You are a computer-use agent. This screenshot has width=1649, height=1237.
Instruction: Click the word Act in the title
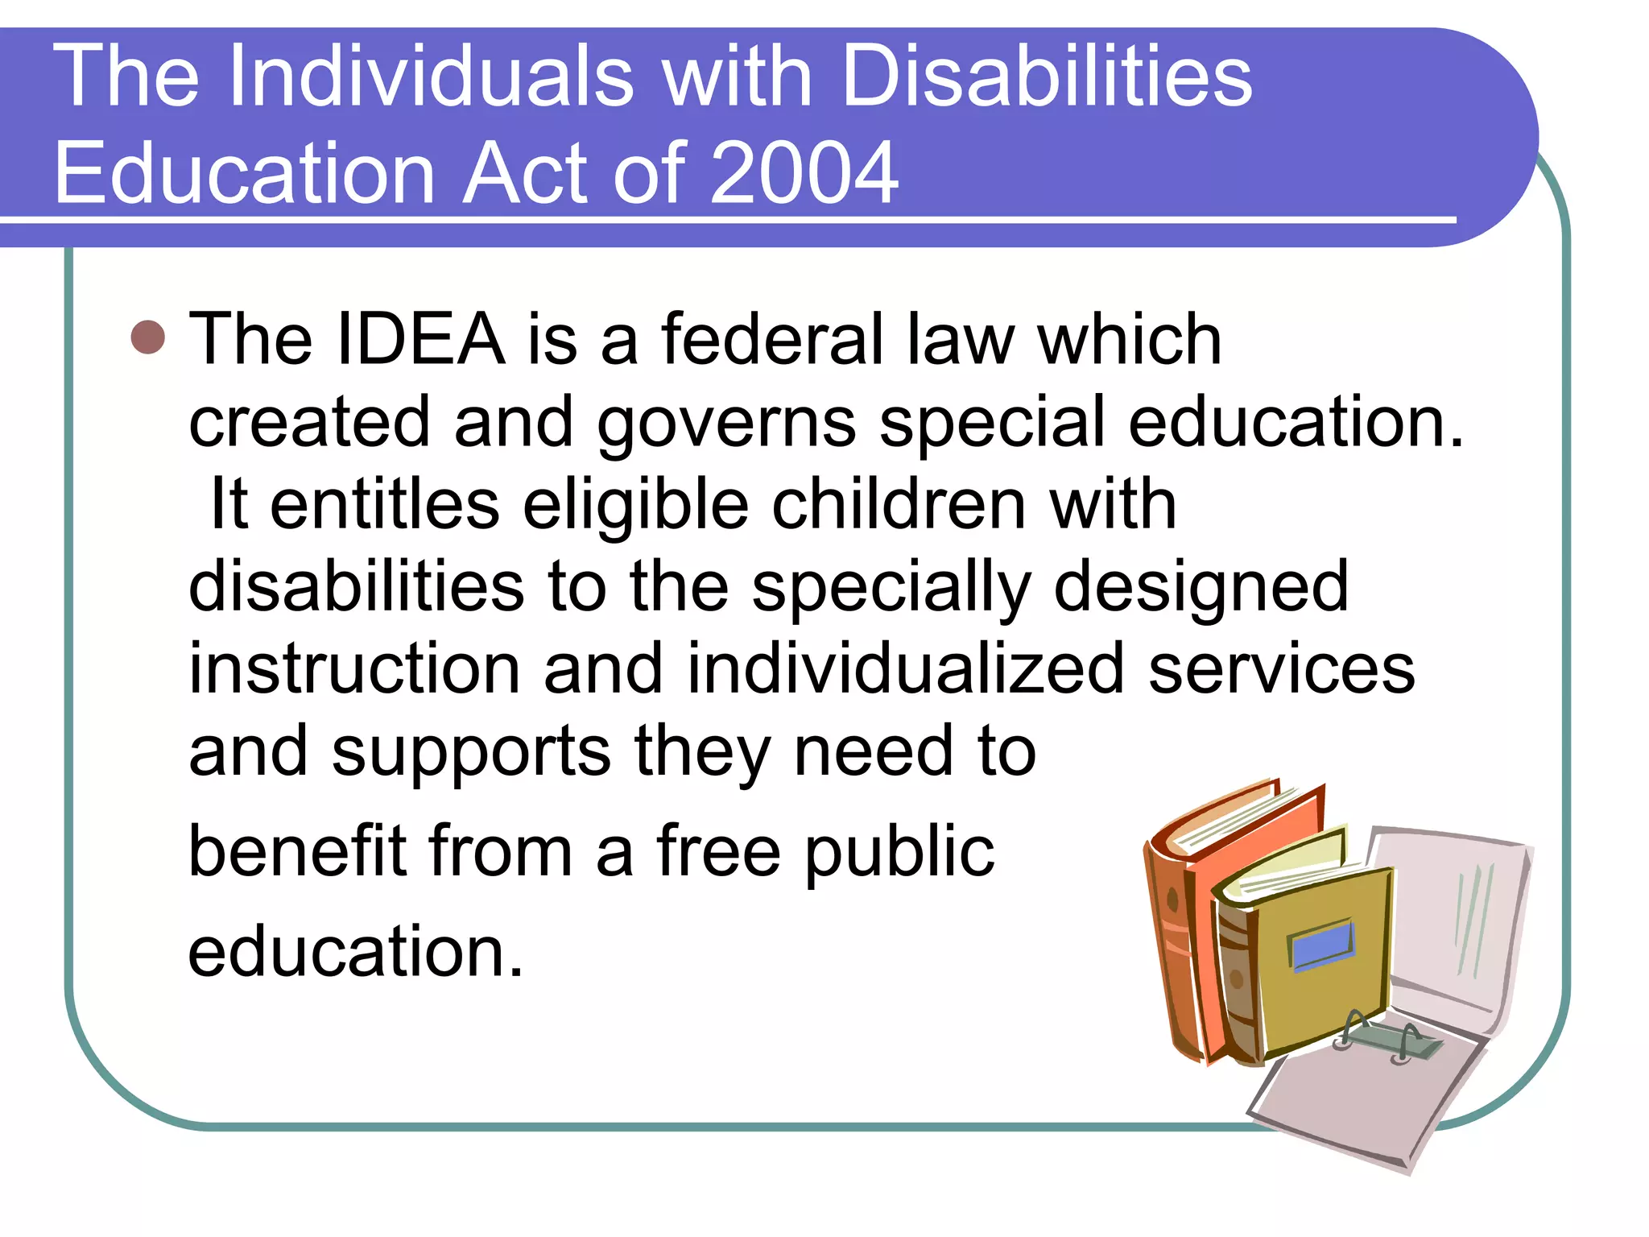(x=527, y=172)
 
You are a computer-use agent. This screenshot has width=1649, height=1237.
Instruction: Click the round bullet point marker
(x=147, y=337)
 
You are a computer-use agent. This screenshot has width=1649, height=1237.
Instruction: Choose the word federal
(x=773, y=339)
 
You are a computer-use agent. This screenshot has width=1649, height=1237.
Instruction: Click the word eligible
(x=635, y=506)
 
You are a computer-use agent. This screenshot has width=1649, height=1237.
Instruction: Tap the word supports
(x=471, y=754)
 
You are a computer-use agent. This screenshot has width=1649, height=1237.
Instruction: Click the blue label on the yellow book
(x=1321, y=944)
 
